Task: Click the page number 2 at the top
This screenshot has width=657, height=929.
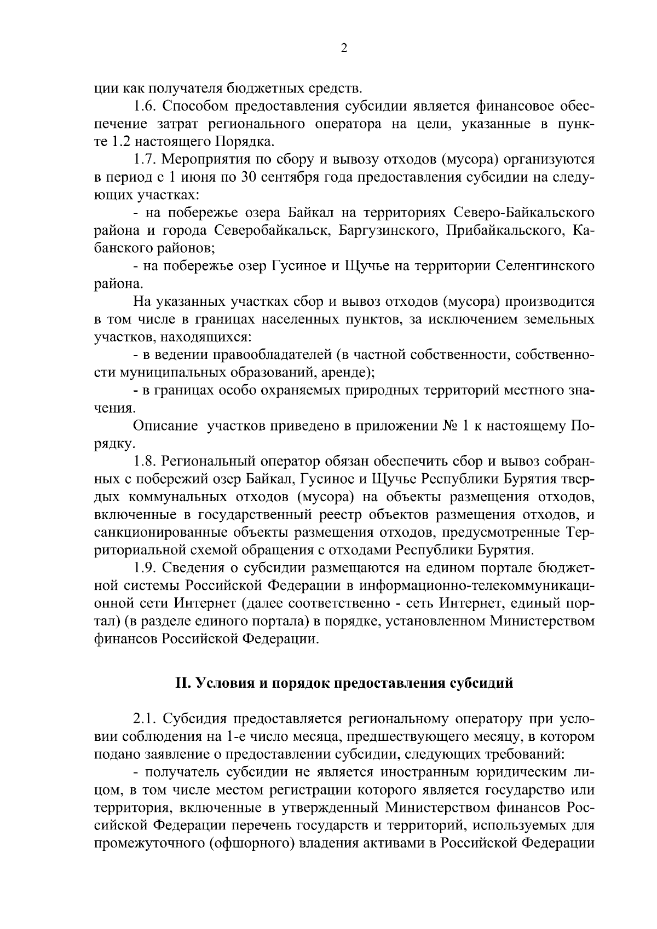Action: coord(343,48)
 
